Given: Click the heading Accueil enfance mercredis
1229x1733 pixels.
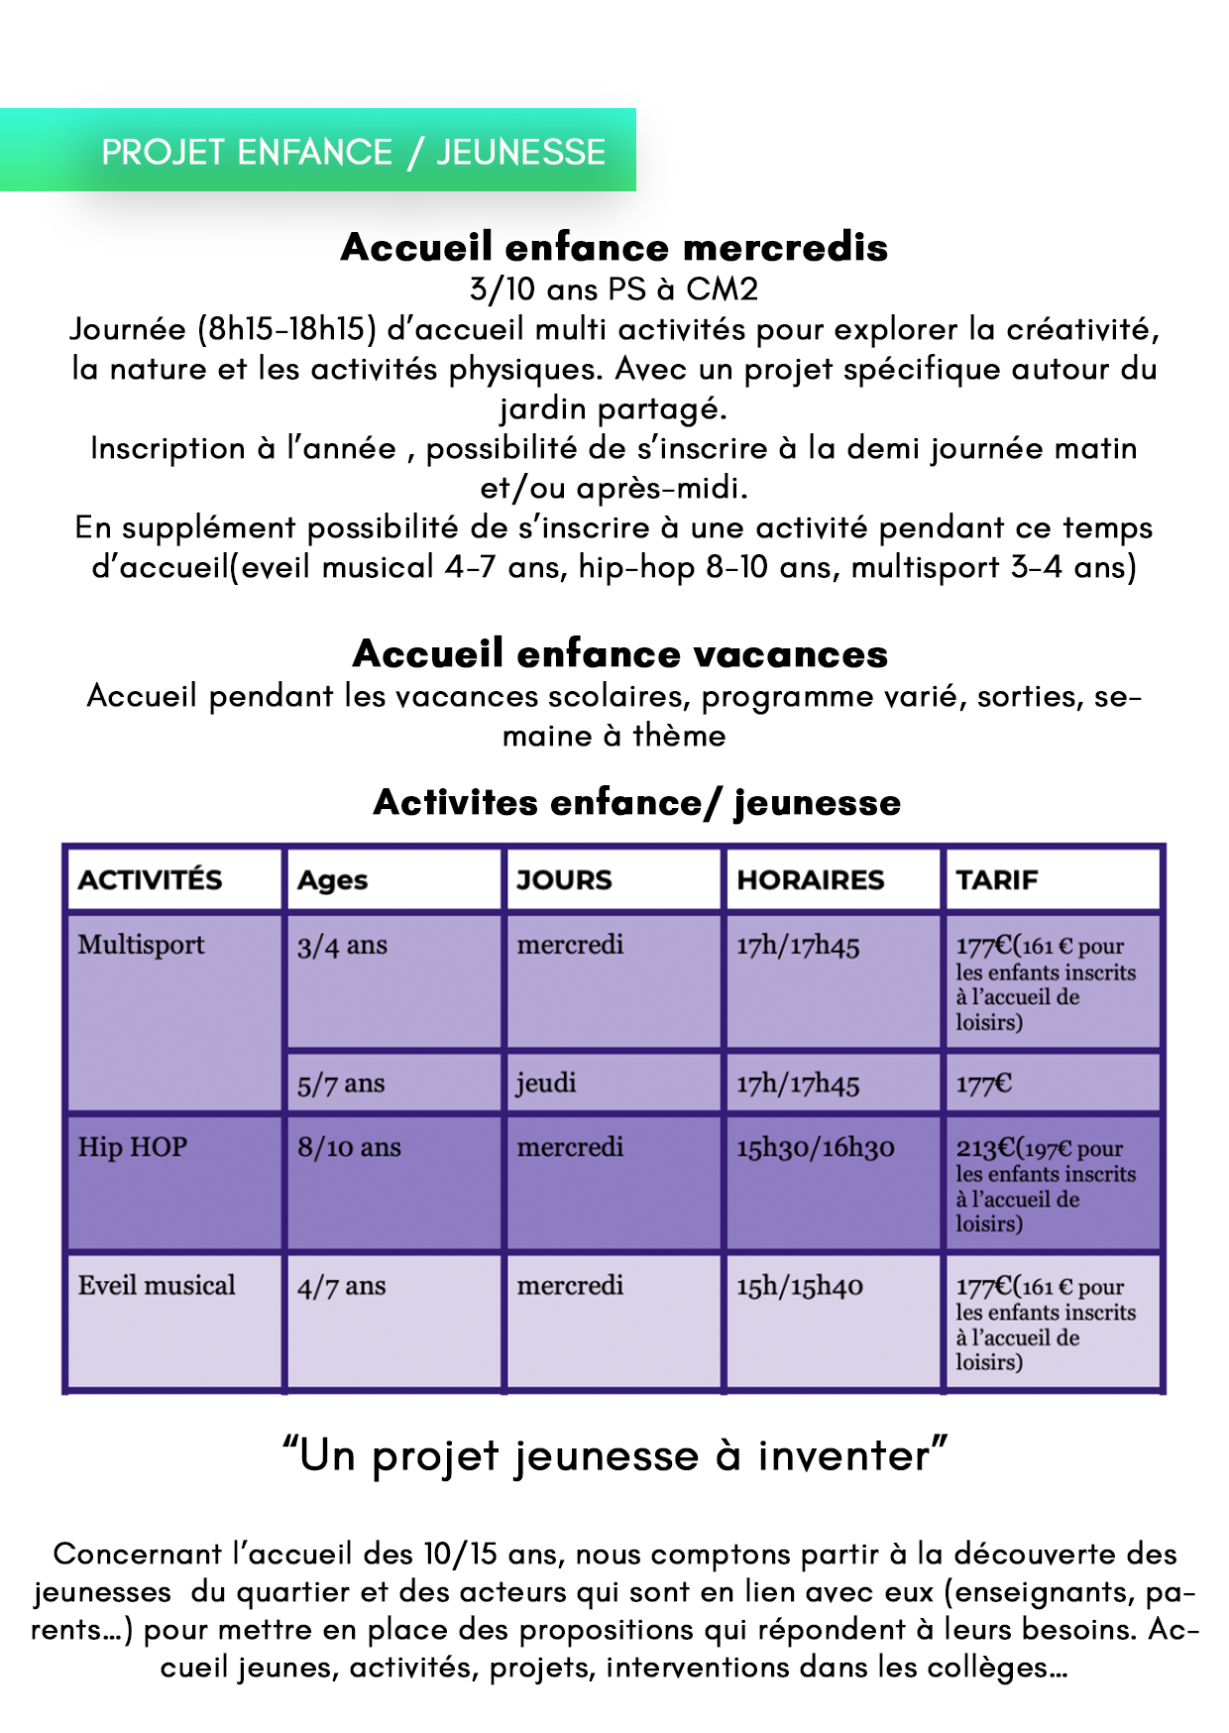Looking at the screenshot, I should pos(614,247).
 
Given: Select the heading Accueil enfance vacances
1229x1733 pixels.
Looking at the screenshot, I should pos(619,653).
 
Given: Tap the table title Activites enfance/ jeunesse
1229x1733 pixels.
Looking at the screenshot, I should pos(636,802).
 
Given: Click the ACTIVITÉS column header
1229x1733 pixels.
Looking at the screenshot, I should pos(151,879).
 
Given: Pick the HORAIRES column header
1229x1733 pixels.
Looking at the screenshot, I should pos(810,879).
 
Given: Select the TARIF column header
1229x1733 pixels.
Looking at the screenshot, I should pos(997,879).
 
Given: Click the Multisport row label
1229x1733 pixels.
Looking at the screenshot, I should pos(142,945).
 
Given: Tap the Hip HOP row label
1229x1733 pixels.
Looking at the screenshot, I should pos(133,1147).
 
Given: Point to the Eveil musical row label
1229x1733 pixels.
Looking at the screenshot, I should pos(157,1286).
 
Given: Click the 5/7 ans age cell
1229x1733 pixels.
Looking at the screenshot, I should pos(341,1084).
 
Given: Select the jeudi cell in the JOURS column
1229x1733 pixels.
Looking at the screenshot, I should pos(546,1083).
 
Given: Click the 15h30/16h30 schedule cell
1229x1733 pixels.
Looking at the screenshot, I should pos(815,1148).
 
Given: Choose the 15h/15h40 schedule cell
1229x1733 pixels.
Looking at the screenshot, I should pos(799,1287).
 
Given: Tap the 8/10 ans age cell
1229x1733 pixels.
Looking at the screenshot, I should pos(349,1148).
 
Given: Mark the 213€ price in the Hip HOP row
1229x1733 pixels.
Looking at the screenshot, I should pos(984,1148).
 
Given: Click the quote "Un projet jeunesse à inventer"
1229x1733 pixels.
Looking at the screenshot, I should pos(614,1455).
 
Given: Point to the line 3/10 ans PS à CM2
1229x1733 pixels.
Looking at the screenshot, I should pos(614,289).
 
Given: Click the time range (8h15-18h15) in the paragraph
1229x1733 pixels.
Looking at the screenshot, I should pos(287,329).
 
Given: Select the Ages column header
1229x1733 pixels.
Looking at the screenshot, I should pos(333,880).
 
